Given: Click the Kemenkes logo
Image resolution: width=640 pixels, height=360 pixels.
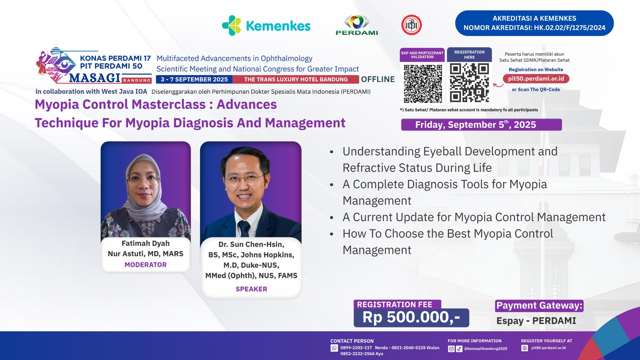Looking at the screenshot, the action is pyautogui.click(x=266, y=25).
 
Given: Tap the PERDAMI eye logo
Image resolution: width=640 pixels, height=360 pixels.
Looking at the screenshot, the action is pyautogui.click(x=357, y=25).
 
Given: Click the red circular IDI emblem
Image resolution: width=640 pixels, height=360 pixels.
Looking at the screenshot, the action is pyautogui.click(x=411, y=25).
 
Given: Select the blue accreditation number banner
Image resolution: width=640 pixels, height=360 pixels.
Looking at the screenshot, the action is pyautogui.click(x=534, y=23).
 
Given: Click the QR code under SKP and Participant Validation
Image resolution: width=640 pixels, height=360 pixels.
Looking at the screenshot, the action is pyautogui.click(x=423, y=84).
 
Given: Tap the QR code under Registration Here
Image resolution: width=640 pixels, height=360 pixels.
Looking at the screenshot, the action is pyautogui.click(x=469, y=83).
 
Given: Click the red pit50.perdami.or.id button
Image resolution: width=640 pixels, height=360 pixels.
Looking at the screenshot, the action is pyautogui.click(x=536, y=79).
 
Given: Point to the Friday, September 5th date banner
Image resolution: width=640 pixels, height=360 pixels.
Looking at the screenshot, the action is pyautogui.click(x=481, y=125).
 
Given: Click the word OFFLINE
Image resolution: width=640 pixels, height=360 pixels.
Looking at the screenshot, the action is pyautogui.click(x=378, y=79).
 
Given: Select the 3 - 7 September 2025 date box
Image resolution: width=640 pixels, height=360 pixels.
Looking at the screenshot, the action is pyautogui.click(x=194, y=79).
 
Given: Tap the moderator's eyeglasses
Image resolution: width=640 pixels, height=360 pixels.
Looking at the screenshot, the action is pyautogui.click(x=143, y=180).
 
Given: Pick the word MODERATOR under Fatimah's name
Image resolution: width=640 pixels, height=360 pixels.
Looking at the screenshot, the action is pyautogui.click(x=146, y=265).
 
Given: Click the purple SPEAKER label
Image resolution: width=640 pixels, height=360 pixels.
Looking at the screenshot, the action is pyautogui.click(x=251, y=289).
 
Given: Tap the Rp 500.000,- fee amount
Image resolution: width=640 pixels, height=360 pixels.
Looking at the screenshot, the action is pyautogui.click(x=411, y=317).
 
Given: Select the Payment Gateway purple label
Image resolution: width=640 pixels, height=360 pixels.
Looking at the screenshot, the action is pyautogui.click(x=539, y=306).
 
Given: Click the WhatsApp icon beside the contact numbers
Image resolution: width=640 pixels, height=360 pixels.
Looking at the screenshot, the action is pyautogui.click(x=334, y=348).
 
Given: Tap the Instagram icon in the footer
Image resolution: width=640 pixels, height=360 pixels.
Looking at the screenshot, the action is pyautogui.click(x=451, y=349).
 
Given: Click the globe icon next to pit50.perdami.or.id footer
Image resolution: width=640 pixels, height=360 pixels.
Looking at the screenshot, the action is pyautogui.click(x=525, y=348).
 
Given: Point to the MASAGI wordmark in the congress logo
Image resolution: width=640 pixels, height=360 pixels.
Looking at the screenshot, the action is pyautogui.click(x=95, y=78).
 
